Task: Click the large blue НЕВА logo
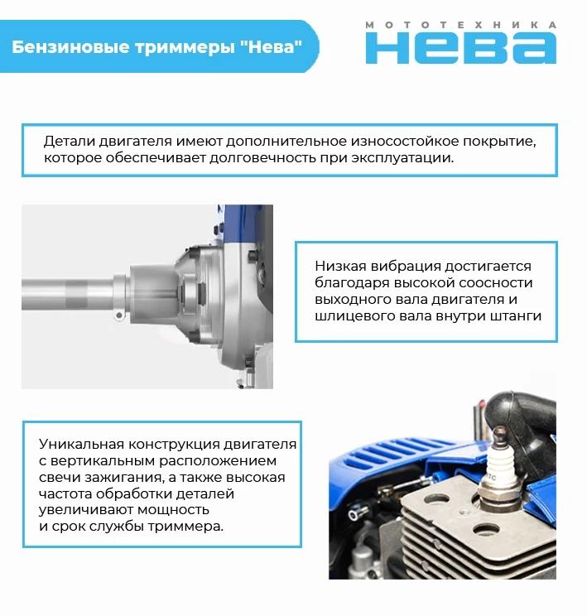(461, 48)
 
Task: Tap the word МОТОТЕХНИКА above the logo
(461, 25)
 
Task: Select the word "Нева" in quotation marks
(271, 46)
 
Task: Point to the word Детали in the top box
(69, 141)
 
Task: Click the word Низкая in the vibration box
(340, 266)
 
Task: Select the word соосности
(496, 282)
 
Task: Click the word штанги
(517, 315)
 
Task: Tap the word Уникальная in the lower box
(81, 444)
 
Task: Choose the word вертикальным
(110, 461)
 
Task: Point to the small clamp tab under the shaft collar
(118, 315)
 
